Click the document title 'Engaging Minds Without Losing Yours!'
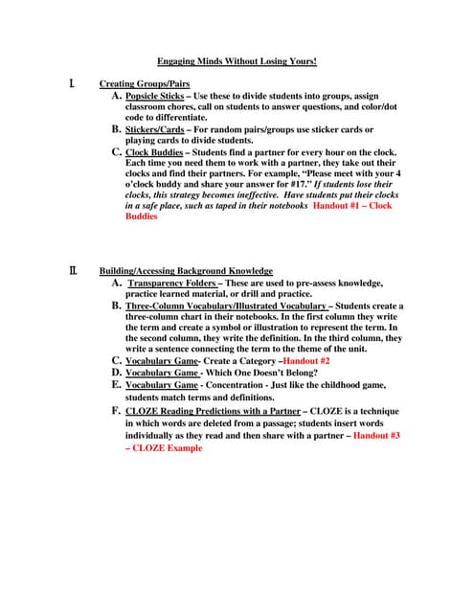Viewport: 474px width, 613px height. (x=237, y=61)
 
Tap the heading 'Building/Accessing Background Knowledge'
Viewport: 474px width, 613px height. (x=186, y=271)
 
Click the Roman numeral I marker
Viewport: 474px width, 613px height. (x=73, y=84)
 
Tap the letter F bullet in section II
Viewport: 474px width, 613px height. (x=116, y=411)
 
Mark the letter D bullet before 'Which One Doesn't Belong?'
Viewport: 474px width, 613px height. (x=116, y=373)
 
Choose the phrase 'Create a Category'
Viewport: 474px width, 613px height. (x=236, y=360)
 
